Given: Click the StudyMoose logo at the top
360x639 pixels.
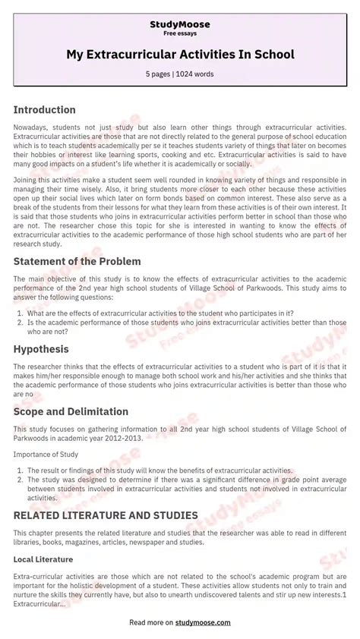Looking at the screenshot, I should click(180, 24).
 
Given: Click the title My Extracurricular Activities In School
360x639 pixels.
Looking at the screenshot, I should click(180, 55).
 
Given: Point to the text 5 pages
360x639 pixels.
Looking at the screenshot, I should click(160, 74).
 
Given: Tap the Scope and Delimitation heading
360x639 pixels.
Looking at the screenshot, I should click(70, 411).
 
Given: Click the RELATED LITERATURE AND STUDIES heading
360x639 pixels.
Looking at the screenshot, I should click(106, 515).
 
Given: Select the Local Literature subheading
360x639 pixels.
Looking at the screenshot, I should click(43, 559).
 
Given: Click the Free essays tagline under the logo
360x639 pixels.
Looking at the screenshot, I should click(180, 34).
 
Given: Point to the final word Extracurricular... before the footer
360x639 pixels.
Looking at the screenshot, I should click(39, 603).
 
